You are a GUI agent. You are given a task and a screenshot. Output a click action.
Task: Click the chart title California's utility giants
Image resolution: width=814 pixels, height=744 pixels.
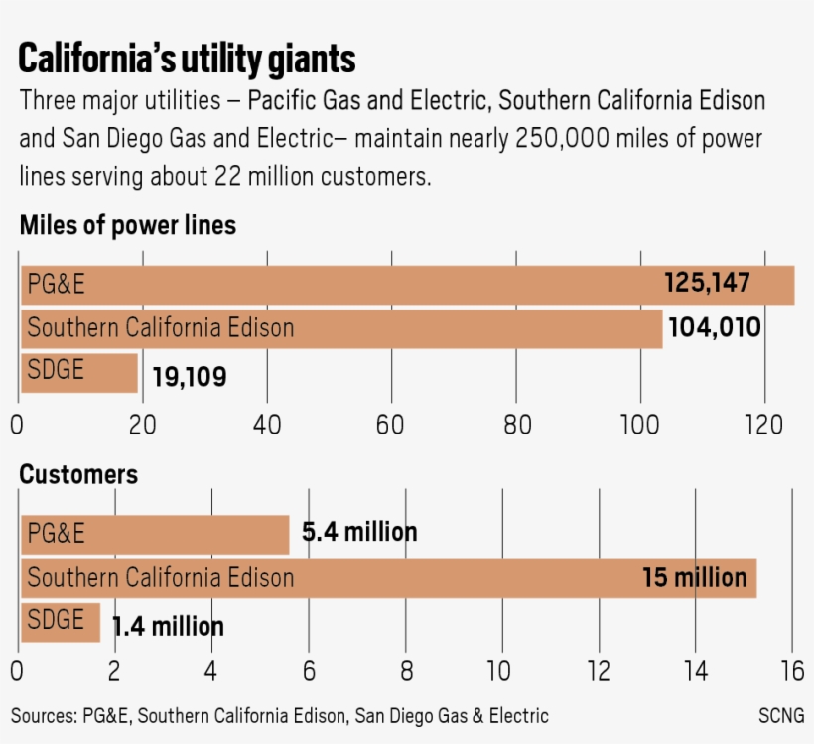coord(187,59)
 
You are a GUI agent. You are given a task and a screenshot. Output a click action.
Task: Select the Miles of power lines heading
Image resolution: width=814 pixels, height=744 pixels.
coord(128,225)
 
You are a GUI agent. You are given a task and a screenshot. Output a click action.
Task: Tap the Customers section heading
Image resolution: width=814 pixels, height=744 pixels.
coord(78,474)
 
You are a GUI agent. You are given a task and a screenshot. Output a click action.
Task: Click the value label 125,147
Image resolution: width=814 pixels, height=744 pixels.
coord(707,285)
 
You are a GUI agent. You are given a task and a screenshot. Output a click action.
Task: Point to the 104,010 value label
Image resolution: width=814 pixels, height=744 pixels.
coord(715,328)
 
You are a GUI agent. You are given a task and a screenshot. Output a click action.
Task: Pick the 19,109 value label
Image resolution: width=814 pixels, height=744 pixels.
coord(189,377)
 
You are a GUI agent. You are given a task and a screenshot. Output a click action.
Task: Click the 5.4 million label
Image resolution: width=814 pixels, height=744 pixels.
coord(359,533)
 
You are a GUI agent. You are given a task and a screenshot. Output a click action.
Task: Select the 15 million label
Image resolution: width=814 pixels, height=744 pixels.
coord(694,577)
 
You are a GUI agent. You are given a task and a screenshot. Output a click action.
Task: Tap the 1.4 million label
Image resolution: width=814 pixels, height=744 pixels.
coord(168,627)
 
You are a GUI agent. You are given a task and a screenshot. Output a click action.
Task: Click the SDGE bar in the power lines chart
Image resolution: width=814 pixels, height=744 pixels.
coord(79,372)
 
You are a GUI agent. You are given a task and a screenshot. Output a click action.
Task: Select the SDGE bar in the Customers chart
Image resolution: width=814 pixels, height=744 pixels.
coord(60,621)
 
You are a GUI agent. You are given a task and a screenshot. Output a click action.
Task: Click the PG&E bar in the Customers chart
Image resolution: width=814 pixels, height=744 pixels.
coord(154,534)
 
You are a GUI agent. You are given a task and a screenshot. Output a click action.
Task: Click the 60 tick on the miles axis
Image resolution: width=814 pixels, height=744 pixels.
coord(391,424)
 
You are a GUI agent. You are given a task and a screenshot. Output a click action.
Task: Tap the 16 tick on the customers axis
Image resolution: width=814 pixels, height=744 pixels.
coord(791,672)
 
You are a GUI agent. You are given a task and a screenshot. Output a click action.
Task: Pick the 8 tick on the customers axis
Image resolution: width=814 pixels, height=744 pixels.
coord(405,672)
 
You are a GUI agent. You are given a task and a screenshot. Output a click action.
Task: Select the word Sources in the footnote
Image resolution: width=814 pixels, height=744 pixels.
coord(44,716)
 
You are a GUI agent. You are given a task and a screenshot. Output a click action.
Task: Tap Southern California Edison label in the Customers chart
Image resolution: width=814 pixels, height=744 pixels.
coord(160,577)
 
